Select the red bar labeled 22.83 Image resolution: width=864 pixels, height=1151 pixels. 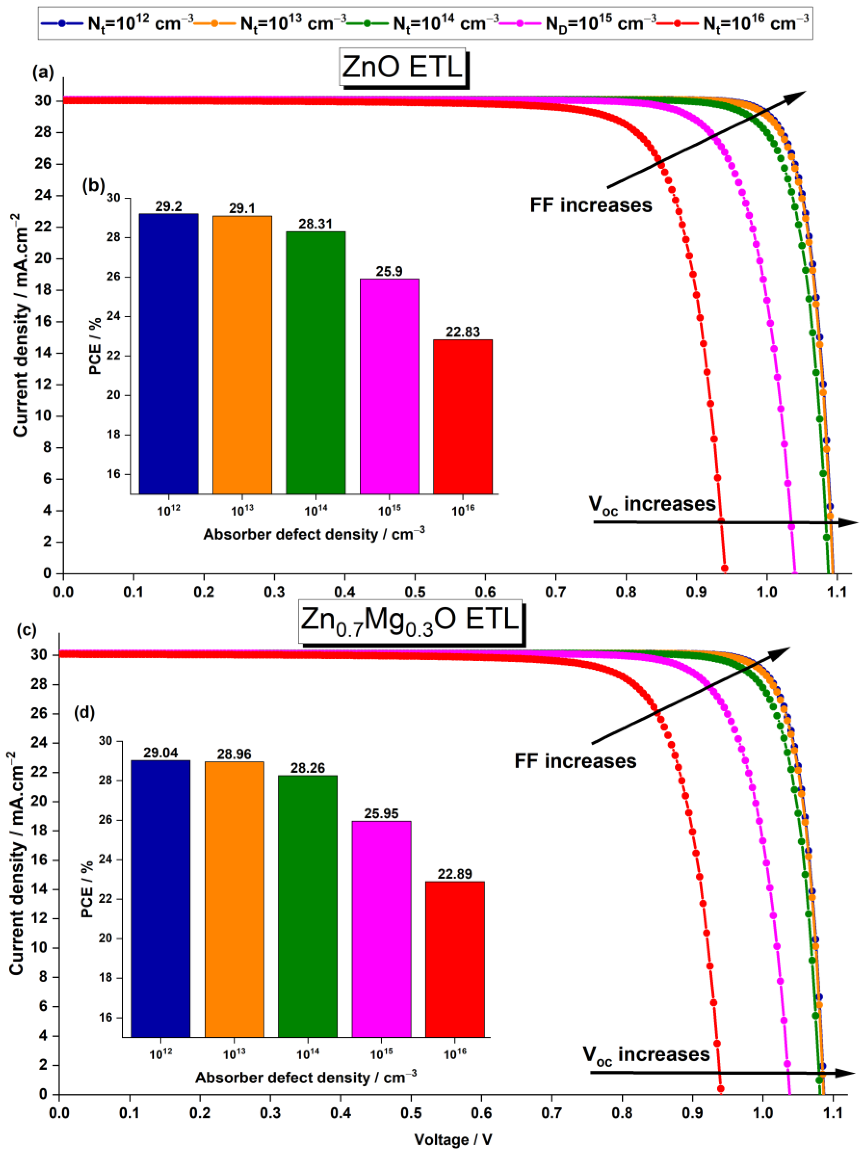click(462, 416)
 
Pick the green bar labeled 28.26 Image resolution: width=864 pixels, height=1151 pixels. click(307, 906)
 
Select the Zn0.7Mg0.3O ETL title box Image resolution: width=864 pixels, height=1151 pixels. click(410, 621)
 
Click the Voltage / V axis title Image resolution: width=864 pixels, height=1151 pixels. click(453, 1139)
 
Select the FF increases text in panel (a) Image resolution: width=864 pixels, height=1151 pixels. click(590, 205)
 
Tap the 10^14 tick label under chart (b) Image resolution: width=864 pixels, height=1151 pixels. click(316, 511)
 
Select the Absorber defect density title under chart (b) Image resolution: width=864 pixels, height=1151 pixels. click(314, 534)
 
